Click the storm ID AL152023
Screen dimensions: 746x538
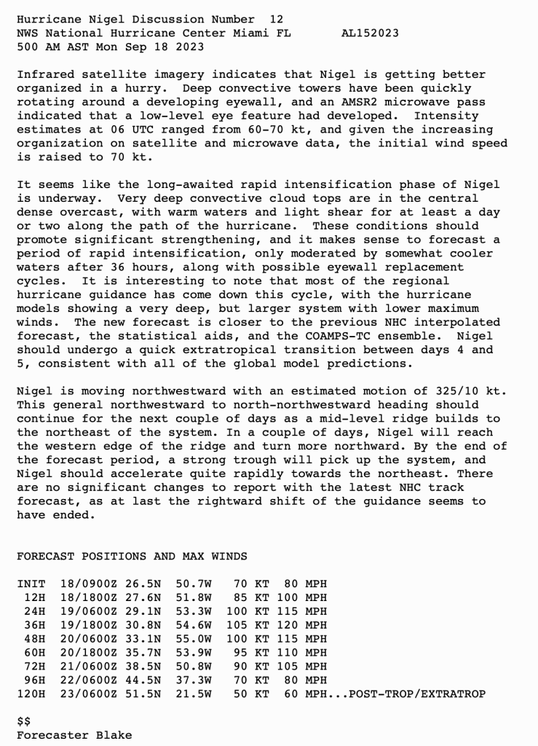(x=370, y=34)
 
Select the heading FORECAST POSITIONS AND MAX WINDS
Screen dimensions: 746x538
(x=132, y=557)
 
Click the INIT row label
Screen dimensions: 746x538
(x=31, y=584)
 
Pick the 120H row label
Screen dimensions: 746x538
(x=31, y=694)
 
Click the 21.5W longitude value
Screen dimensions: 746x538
(x=193, y=694)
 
